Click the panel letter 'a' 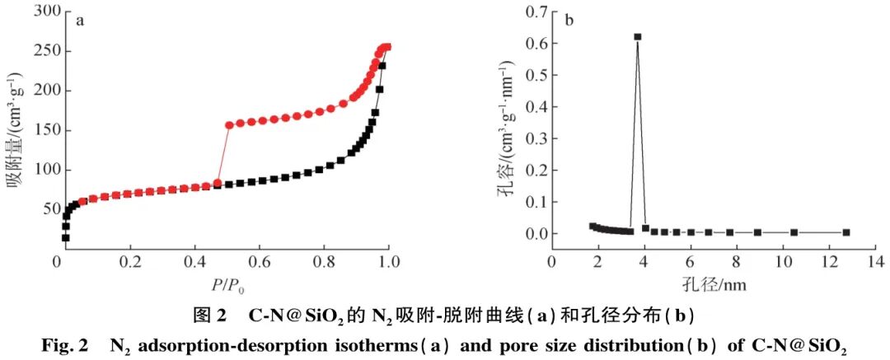[x=80, y=21]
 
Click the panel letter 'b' [x=569, y=19]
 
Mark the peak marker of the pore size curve [x=637, y=37]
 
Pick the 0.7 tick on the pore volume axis [x=528, y=12]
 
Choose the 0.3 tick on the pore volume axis [x=528, y=138]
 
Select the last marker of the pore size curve [x=845, y=232]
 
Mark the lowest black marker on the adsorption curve [x=65, y=238]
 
